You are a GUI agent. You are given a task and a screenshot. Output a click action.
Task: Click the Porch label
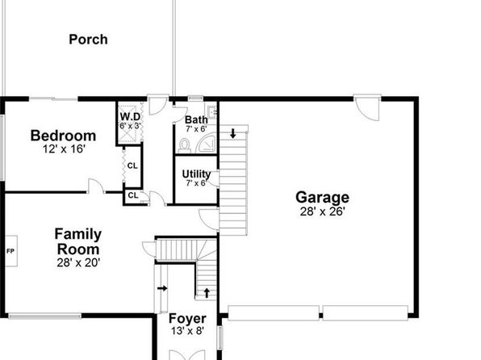(x=88, y=40)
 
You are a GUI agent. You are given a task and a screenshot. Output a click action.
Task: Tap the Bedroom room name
(x=63, y=136)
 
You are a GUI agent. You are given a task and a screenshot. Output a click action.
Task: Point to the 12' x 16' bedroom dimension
(x=64, y=149)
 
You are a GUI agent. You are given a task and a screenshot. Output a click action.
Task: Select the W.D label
(x=130, y=116)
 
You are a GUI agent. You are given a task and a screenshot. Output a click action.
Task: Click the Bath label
(x=196, y=119)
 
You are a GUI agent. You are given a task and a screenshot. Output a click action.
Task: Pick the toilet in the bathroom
(x=184, y=145)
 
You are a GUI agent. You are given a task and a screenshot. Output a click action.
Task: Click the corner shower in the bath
(x=206, y=143)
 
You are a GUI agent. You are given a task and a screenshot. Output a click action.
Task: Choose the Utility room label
(x=196, y=174)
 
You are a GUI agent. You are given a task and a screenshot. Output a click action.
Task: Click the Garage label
(x=322, y=197)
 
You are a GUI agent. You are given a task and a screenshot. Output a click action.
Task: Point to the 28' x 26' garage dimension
(x=323, y=211)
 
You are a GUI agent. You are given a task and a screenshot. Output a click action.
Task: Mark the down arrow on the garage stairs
(x=233, y=133)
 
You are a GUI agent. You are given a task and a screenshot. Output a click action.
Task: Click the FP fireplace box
(x=11, y=251)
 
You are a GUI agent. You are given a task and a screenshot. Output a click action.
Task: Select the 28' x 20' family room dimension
(x=78, y=263)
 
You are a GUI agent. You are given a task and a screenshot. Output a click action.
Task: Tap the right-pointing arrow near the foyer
(x=162, y=288)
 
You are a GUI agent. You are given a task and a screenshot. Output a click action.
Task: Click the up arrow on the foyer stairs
(x=207, y=293)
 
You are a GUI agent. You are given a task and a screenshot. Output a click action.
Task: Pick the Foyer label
(x=187, y=319)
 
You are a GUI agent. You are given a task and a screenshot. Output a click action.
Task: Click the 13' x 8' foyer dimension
(x=187, y=332)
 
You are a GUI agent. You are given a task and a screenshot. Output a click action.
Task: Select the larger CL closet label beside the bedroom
(x=132, y=166)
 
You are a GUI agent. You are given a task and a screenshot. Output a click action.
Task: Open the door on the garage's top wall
(x=368, y=107)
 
